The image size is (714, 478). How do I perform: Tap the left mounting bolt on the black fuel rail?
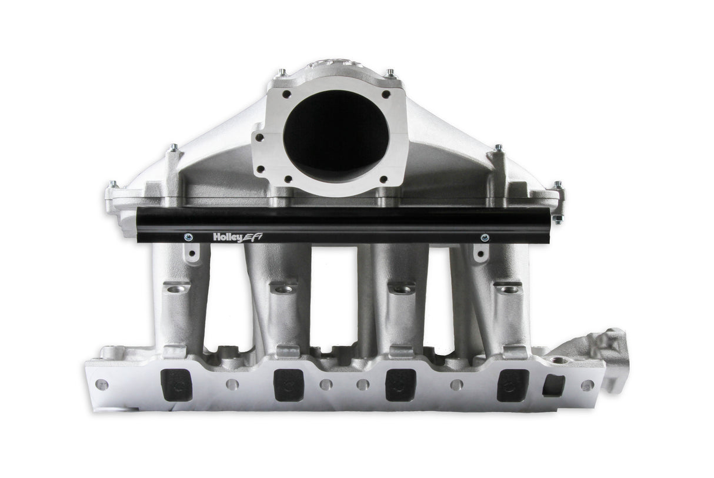tap(187, 237)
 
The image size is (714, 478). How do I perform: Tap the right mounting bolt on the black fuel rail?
tap(485, 237)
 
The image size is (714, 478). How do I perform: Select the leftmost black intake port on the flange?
tap(174, 385)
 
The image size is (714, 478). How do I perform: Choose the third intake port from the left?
tap(397, 385)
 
